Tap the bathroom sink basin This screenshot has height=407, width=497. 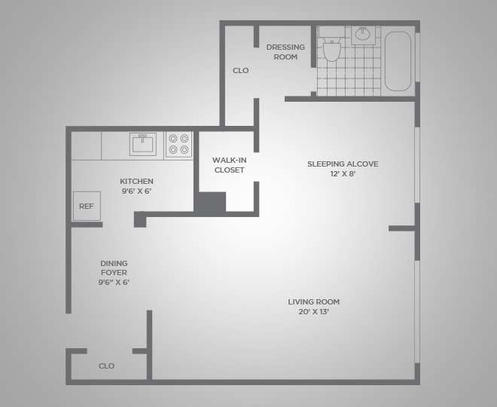363,34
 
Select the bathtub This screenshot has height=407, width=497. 398,61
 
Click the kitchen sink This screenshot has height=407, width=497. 143,145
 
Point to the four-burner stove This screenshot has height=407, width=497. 178,145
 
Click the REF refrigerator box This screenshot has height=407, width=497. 87,207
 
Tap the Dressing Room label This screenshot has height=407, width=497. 285,52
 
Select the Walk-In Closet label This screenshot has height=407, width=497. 229,165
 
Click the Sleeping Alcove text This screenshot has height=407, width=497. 343,164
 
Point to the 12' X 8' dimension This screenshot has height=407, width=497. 343,174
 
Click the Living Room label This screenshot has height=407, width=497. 313,301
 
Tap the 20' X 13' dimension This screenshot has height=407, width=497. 313,312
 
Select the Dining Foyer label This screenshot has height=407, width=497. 114,268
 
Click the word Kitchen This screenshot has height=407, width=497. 136,181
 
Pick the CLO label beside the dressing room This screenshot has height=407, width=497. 240,70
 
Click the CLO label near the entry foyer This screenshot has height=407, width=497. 106,366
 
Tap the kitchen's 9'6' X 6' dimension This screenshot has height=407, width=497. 136,191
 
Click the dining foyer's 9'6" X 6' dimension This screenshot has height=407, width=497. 114,283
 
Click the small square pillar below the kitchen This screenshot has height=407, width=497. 140,219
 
